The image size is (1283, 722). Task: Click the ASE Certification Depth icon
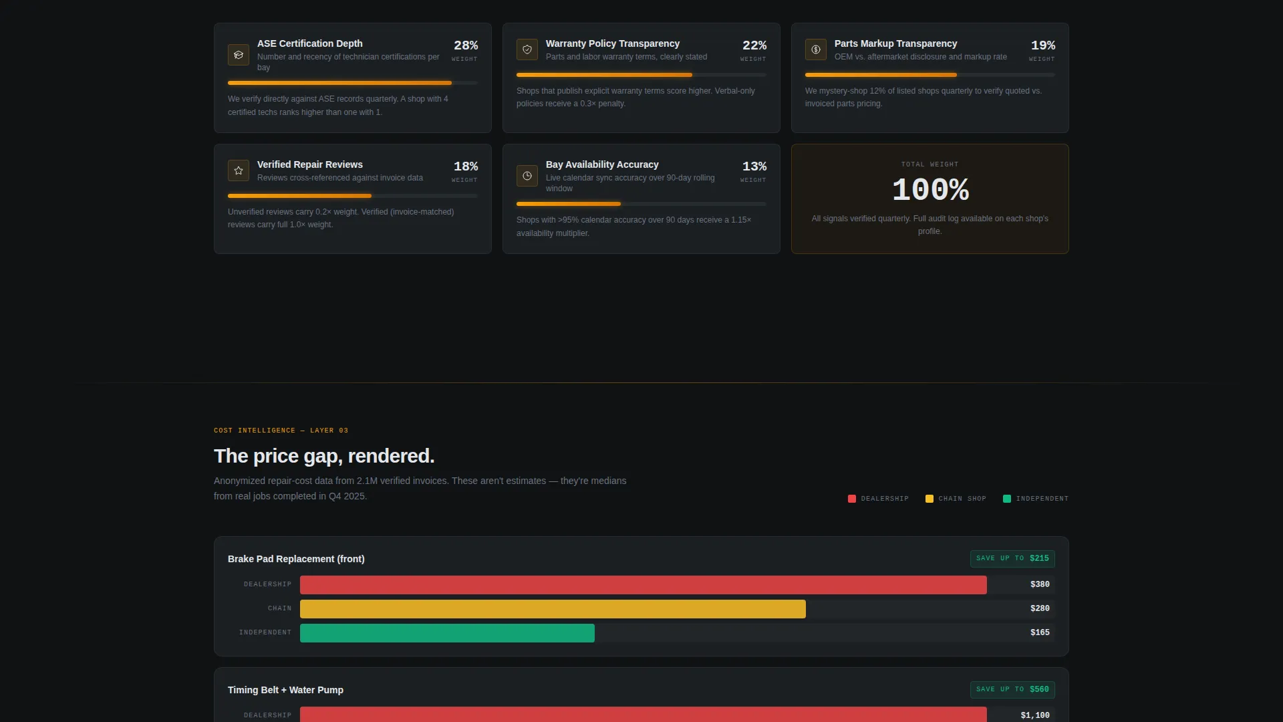click(x=239, y=55)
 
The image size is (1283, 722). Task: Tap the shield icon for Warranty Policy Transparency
click(x=527, y=49)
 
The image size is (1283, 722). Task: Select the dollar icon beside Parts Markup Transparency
click(x=816, y=49)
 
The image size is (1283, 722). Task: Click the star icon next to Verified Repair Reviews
click(x=239, y=170)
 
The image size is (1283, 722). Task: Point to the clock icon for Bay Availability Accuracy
click(x=527, y=176)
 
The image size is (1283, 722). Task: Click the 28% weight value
click(x=466, y=45)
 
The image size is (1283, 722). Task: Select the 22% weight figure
click(x=754, y=45)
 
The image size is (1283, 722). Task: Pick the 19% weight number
click(x=1043, y=45)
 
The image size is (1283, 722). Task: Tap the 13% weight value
click(x=754, y=166)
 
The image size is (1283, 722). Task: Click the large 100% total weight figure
click(x=930, y=191)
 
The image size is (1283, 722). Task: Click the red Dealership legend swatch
click(x=852, y=499)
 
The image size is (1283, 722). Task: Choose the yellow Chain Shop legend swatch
click(x=930, y=499)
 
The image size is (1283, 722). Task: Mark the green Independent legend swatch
click(x=1007, y=499)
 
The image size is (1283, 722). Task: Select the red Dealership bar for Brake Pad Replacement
click(x=644, y=585)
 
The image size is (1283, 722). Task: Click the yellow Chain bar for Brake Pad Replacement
click(x=553, y=609)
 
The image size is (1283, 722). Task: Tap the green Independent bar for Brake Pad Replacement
click(x=447, y=633)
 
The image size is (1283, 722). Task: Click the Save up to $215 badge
click(x=1012, y=559)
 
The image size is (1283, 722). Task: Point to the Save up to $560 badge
click(x=1012, y=690)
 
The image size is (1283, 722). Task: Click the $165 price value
click(x=1040, y=633)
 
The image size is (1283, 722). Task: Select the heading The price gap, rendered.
click(x=324, y=457)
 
